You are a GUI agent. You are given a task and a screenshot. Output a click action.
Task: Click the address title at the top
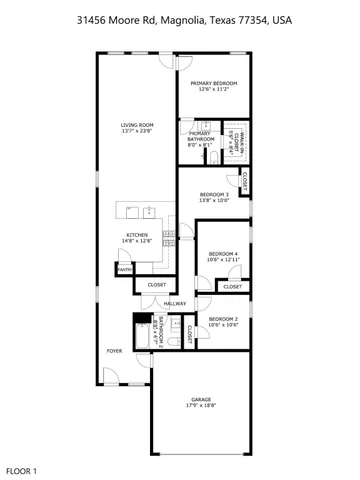point(179,19)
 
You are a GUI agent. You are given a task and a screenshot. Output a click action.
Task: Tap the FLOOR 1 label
point(22,469)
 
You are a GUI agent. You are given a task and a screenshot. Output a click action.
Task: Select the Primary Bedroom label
point(214,85)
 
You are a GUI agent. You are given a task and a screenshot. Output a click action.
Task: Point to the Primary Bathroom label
point(200,139)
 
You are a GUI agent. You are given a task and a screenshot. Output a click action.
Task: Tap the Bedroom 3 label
point(214,195)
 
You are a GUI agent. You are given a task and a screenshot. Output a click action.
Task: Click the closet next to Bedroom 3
point(245,182)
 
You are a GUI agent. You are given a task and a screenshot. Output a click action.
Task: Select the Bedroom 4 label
point(223,255)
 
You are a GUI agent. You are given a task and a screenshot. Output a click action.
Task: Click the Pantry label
point(125,269)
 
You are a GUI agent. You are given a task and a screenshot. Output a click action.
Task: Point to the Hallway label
point(176,303)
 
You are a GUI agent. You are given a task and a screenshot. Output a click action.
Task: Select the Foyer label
point(115,351)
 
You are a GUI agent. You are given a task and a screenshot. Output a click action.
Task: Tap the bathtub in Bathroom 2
point(140,332)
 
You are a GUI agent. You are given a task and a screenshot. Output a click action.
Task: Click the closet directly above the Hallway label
point(157,285)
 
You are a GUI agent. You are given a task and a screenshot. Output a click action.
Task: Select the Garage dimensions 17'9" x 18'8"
point(200,407)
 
